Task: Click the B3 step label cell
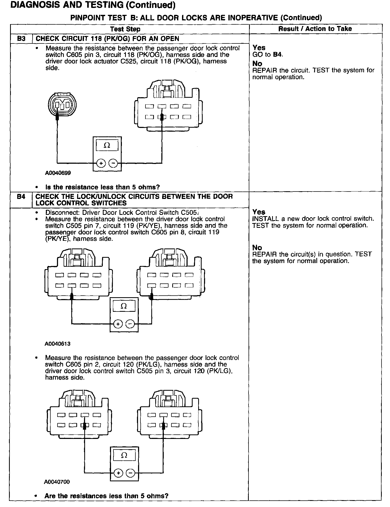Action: tap(21, 39)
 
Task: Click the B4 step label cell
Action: tap(21, 197)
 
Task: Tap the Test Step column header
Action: tap(125, 29)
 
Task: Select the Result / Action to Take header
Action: tap(315, 29)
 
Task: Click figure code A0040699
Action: tap(58, 173)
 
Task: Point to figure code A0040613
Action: tap(57, 344)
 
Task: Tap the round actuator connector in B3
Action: tap(62, 104)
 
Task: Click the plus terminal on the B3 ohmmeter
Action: tap(101, 163)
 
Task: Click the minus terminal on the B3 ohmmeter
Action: tap(113, 163)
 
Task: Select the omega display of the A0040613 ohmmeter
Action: tap(124, 306)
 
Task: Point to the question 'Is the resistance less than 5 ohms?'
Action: tap(103, 187)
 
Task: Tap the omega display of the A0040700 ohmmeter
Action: tap(124, 455)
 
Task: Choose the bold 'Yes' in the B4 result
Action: tap(259, 212)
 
